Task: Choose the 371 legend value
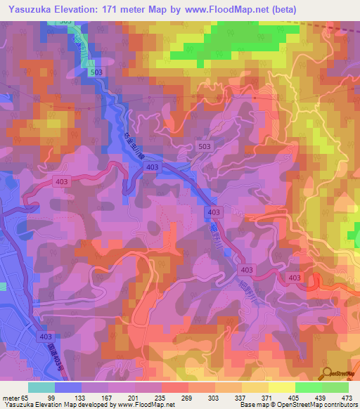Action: point(266,397)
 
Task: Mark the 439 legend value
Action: point(319,397)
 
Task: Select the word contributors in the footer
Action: point(339,405)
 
